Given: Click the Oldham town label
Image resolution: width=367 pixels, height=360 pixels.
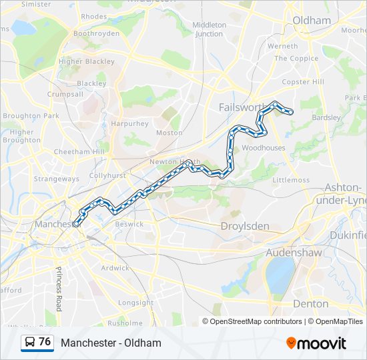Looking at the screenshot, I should (x=312, y=20).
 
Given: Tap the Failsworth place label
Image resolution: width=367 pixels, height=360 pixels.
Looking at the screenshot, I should (x=242, y=107).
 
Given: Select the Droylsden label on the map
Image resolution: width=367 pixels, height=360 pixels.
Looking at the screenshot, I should (x=245, y=226).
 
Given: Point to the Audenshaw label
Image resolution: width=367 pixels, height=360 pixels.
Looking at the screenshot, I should (x=294, y=253).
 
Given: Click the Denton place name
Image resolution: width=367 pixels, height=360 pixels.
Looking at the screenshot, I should (x=310, y=303).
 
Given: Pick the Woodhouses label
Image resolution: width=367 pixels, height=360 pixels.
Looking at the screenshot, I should (x=263, y=148).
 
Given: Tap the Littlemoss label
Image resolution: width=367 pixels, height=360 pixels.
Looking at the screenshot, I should (x=291, y=180).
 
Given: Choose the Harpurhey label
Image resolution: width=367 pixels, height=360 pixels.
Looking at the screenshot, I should (x=130, y=123).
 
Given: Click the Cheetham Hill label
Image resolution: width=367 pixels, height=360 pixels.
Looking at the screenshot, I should (x=79, y=152).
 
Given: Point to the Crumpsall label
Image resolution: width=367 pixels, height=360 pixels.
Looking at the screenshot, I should (x=65, y=94).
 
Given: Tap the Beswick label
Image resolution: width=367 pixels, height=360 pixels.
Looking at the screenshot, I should (x=129, y=224).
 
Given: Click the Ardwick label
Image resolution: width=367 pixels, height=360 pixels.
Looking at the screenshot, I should (x=115, y=268).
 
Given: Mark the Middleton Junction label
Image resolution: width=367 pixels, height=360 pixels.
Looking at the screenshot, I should (x=209, y=29).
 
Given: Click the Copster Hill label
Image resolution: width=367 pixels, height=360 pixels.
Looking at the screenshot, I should (x=302, y=82).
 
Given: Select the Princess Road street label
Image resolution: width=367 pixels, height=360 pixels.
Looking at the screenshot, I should (x=59, y=289).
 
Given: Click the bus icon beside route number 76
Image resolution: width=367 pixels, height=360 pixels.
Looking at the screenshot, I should (x=30, y=342).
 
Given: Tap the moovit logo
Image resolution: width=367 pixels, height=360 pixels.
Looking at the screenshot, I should (x=316, y=343).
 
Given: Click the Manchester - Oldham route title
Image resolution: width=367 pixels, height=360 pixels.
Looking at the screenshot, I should (x=111, y=343).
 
